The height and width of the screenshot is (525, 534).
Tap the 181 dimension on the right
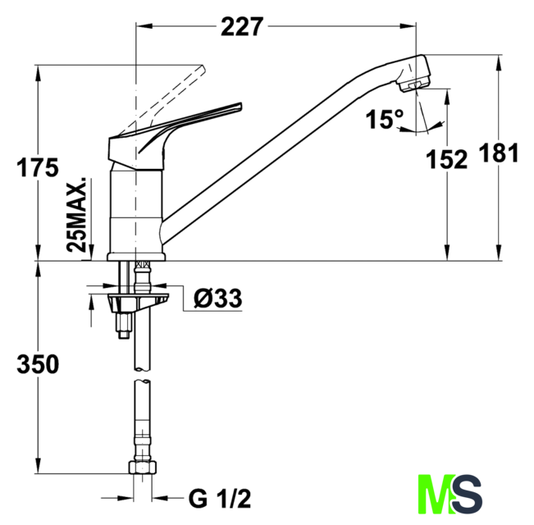click(500, 153)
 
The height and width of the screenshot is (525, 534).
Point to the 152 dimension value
click(447, 160)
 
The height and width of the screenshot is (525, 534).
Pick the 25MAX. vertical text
click(79, 213)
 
